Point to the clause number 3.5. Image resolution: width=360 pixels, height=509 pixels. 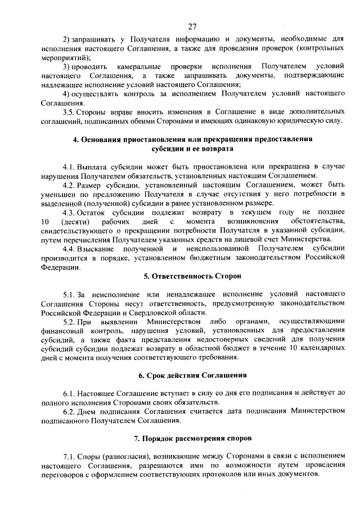[69, 112]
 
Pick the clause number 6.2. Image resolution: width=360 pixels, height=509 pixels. [69, 412]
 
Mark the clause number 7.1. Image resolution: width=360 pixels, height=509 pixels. [69, 456]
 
